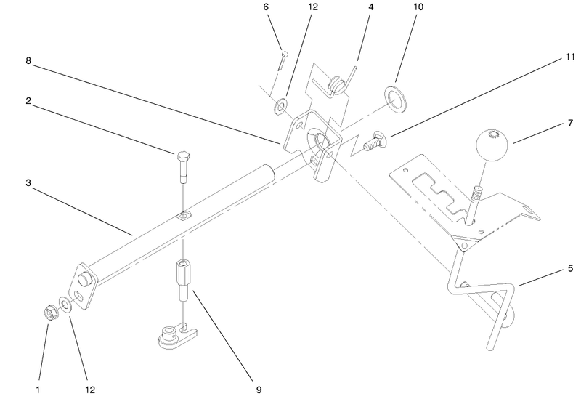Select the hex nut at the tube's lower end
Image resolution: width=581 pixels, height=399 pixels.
click(49, 313)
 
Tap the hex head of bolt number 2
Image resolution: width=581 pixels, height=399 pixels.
click(183, 157)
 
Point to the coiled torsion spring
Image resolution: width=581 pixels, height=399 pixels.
click(336, 84)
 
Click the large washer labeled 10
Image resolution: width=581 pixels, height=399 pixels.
click(395, 100)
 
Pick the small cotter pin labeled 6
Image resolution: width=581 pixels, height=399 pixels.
click(283, 60)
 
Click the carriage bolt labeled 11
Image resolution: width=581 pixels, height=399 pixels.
click(375, 142)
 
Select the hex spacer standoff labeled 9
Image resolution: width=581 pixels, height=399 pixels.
click(183, 281)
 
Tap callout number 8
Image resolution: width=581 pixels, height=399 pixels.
click(28, 60)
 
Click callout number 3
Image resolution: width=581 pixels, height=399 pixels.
click(28, 183)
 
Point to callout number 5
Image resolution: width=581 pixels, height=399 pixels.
click(570, 268)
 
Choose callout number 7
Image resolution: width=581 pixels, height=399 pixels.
click(570, 123)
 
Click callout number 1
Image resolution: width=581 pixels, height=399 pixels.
click(38, 390)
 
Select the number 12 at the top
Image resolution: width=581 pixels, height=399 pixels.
click(313, 7)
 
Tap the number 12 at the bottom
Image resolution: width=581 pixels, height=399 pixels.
click(90, 390)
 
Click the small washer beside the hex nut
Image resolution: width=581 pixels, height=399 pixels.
click(65, 305)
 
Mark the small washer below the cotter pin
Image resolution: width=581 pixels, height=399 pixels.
click(280, 106)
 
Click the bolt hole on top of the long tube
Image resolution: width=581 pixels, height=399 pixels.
click(184, 215)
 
